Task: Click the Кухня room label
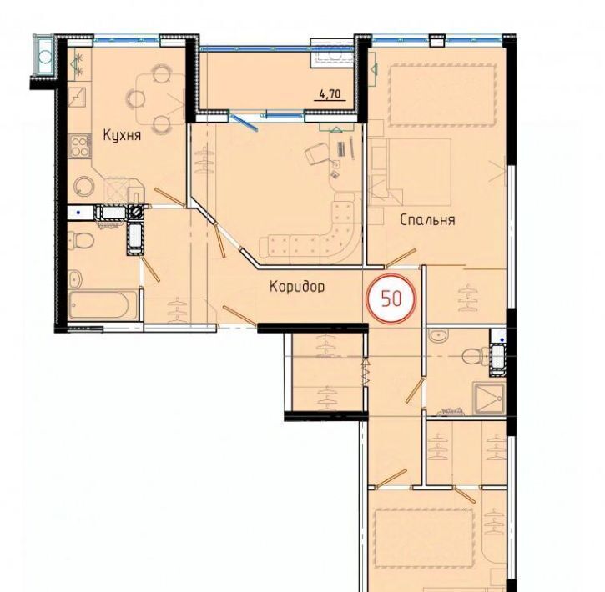(122, 135)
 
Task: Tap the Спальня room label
(427, 220)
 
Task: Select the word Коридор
(297, 286)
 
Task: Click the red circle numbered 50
(391, 299)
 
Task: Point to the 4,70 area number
(330, 93)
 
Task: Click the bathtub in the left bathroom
(103, 304)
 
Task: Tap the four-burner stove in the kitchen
(80, 146)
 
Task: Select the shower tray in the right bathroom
(489, 399)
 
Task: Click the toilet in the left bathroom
(81, 240)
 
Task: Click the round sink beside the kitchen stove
(84, 188)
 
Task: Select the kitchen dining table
(160, 98)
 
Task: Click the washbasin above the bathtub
(75, 278)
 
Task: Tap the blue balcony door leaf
(245, 122)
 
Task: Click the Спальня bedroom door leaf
(401, 258)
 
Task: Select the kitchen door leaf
(169, 198)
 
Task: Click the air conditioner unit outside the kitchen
(46, 57)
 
